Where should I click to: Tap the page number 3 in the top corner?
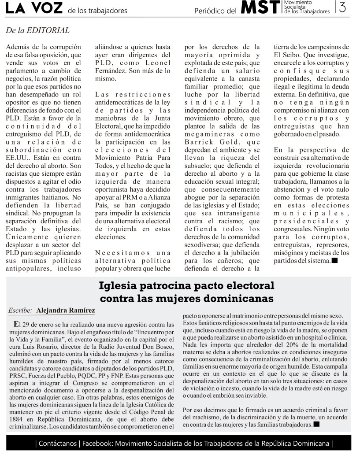tap(342, 7)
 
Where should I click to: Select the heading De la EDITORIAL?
tap(38, 30)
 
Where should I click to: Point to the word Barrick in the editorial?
tap(200, 142)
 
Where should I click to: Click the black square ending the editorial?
tap(334, 261)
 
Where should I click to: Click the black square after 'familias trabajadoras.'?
tap(316, 424)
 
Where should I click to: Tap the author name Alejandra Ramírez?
tap(66, 311)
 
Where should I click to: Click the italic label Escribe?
tap(20, 311)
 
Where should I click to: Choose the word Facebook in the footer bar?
tap(95, 443)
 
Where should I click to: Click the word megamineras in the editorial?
tap(206, 134)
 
